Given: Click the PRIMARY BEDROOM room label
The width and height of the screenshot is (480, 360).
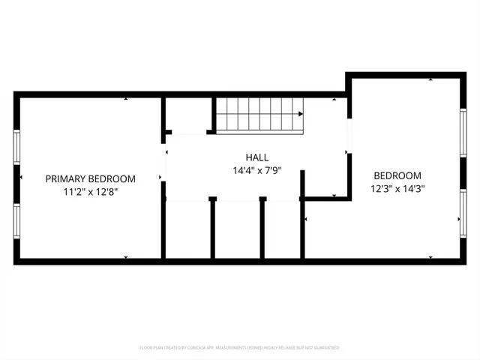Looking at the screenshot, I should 90,178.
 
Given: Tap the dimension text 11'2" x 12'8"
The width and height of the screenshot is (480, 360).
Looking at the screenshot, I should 90,192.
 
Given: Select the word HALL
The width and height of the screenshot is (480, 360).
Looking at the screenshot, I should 256,157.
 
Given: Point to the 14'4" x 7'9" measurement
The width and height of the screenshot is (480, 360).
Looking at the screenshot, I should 256,171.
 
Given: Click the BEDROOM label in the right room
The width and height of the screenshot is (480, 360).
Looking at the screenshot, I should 397,175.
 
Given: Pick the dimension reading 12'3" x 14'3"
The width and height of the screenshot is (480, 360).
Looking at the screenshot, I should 397,189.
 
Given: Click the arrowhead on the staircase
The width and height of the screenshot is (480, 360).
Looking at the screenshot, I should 300,114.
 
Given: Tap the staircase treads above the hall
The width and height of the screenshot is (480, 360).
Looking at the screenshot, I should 259,114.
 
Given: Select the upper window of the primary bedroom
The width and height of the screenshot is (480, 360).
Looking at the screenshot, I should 16,146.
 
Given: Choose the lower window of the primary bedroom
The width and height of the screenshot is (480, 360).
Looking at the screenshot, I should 16,221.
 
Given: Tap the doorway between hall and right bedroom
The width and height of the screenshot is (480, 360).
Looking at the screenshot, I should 347,135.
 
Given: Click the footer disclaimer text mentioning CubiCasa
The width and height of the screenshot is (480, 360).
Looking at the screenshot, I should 239,348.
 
